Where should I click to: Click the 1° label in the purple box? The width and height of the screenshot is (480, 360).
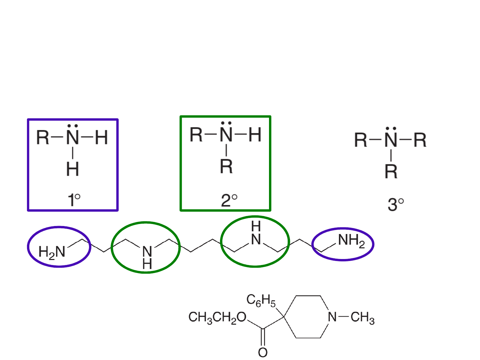coord(74,200)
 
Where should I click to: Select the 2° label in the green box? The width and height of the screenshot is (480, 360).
coord(229,200)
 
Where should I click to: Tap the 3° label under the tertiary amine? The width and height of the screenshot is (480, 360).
coord(396,204)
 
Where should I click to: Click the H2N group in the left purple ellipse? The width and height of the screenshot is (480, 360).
coord(52,252)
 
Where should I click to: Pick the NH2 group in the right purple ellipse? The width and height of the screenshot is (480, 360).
coord(351,241)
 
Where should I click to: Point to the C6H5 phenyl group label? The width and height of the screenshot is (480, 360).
coord(261,301)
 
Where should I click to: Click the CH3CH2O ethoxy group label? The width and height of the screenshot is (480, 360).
coord(217,317)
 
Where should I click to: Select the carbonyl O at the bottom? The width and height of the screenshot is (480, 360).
coord(263,353)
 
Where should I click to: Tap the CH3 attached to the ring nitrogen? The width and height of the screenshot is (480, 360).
coord(363,317)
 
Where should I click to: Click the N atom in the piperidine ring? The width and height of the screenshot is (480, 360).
coord(332,317)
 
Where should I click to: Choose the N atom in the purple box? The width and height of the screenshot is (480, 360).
coord(72,137)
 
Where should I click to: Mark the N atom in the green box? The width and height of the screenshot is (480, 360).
coord(226,134)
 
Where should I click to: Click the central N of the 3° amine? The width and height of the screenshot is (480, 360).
coord(391,140)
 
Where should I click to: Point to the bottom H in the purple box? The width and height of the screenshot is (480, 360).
coord(72,169)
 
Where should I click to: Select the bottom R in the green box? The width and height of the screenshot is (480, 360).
coord(226,166)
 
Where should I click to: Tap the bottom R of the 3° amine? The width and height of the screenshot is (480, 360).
coord(391,172)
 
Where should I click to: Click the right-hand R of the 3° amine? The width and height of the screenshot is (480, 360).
coord(420,140)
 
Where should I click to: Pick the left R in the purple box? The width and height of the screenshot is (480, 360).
coord(43,137)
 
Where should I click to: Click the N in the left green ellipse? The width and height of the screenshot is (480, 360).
coord(147,252)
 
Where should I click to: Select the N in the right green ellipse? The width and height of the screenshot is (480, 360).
coord(256,239)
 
